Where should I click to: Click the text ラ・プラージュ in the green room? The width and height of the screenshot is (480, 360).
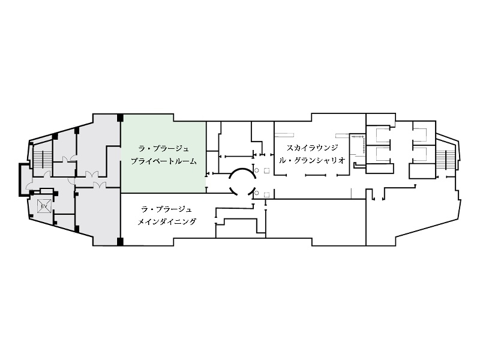[164, 149]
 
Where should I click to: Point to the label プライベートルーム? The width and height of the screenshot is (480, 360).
[164, 161]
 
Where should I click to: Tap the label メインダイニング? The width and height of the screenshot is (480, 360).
[167, 221]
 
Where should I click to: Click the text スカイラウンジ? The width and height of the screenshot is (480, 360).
[312, 148]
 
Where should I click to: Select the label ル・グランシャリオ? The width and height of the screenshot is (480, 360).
[312, 160]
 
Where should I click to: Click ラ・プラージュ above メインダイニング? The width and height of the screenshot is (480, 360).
[167, 209]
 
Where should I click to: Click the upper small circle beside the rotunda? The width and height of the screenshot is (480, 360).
[257, 170]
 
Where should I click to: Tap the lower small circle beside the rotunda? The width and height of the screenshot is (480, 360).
[257, 193]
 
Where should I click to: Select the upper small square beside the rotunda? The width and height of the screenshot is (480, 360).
[266, 170]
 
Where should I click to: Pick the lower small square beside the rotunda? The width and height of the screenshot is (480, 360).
[266, 194]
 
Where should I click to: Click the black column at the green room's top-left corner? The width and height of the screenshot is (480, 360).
[121, 118]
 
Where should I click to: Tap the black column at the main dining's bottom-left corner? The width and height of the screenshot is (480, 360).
[121, 242]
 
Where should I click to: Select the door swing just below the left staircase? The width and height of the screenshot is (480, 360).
[47, 174]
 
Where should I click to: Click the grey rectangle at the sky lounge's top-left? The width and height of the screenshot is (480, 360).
[284, 134]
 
